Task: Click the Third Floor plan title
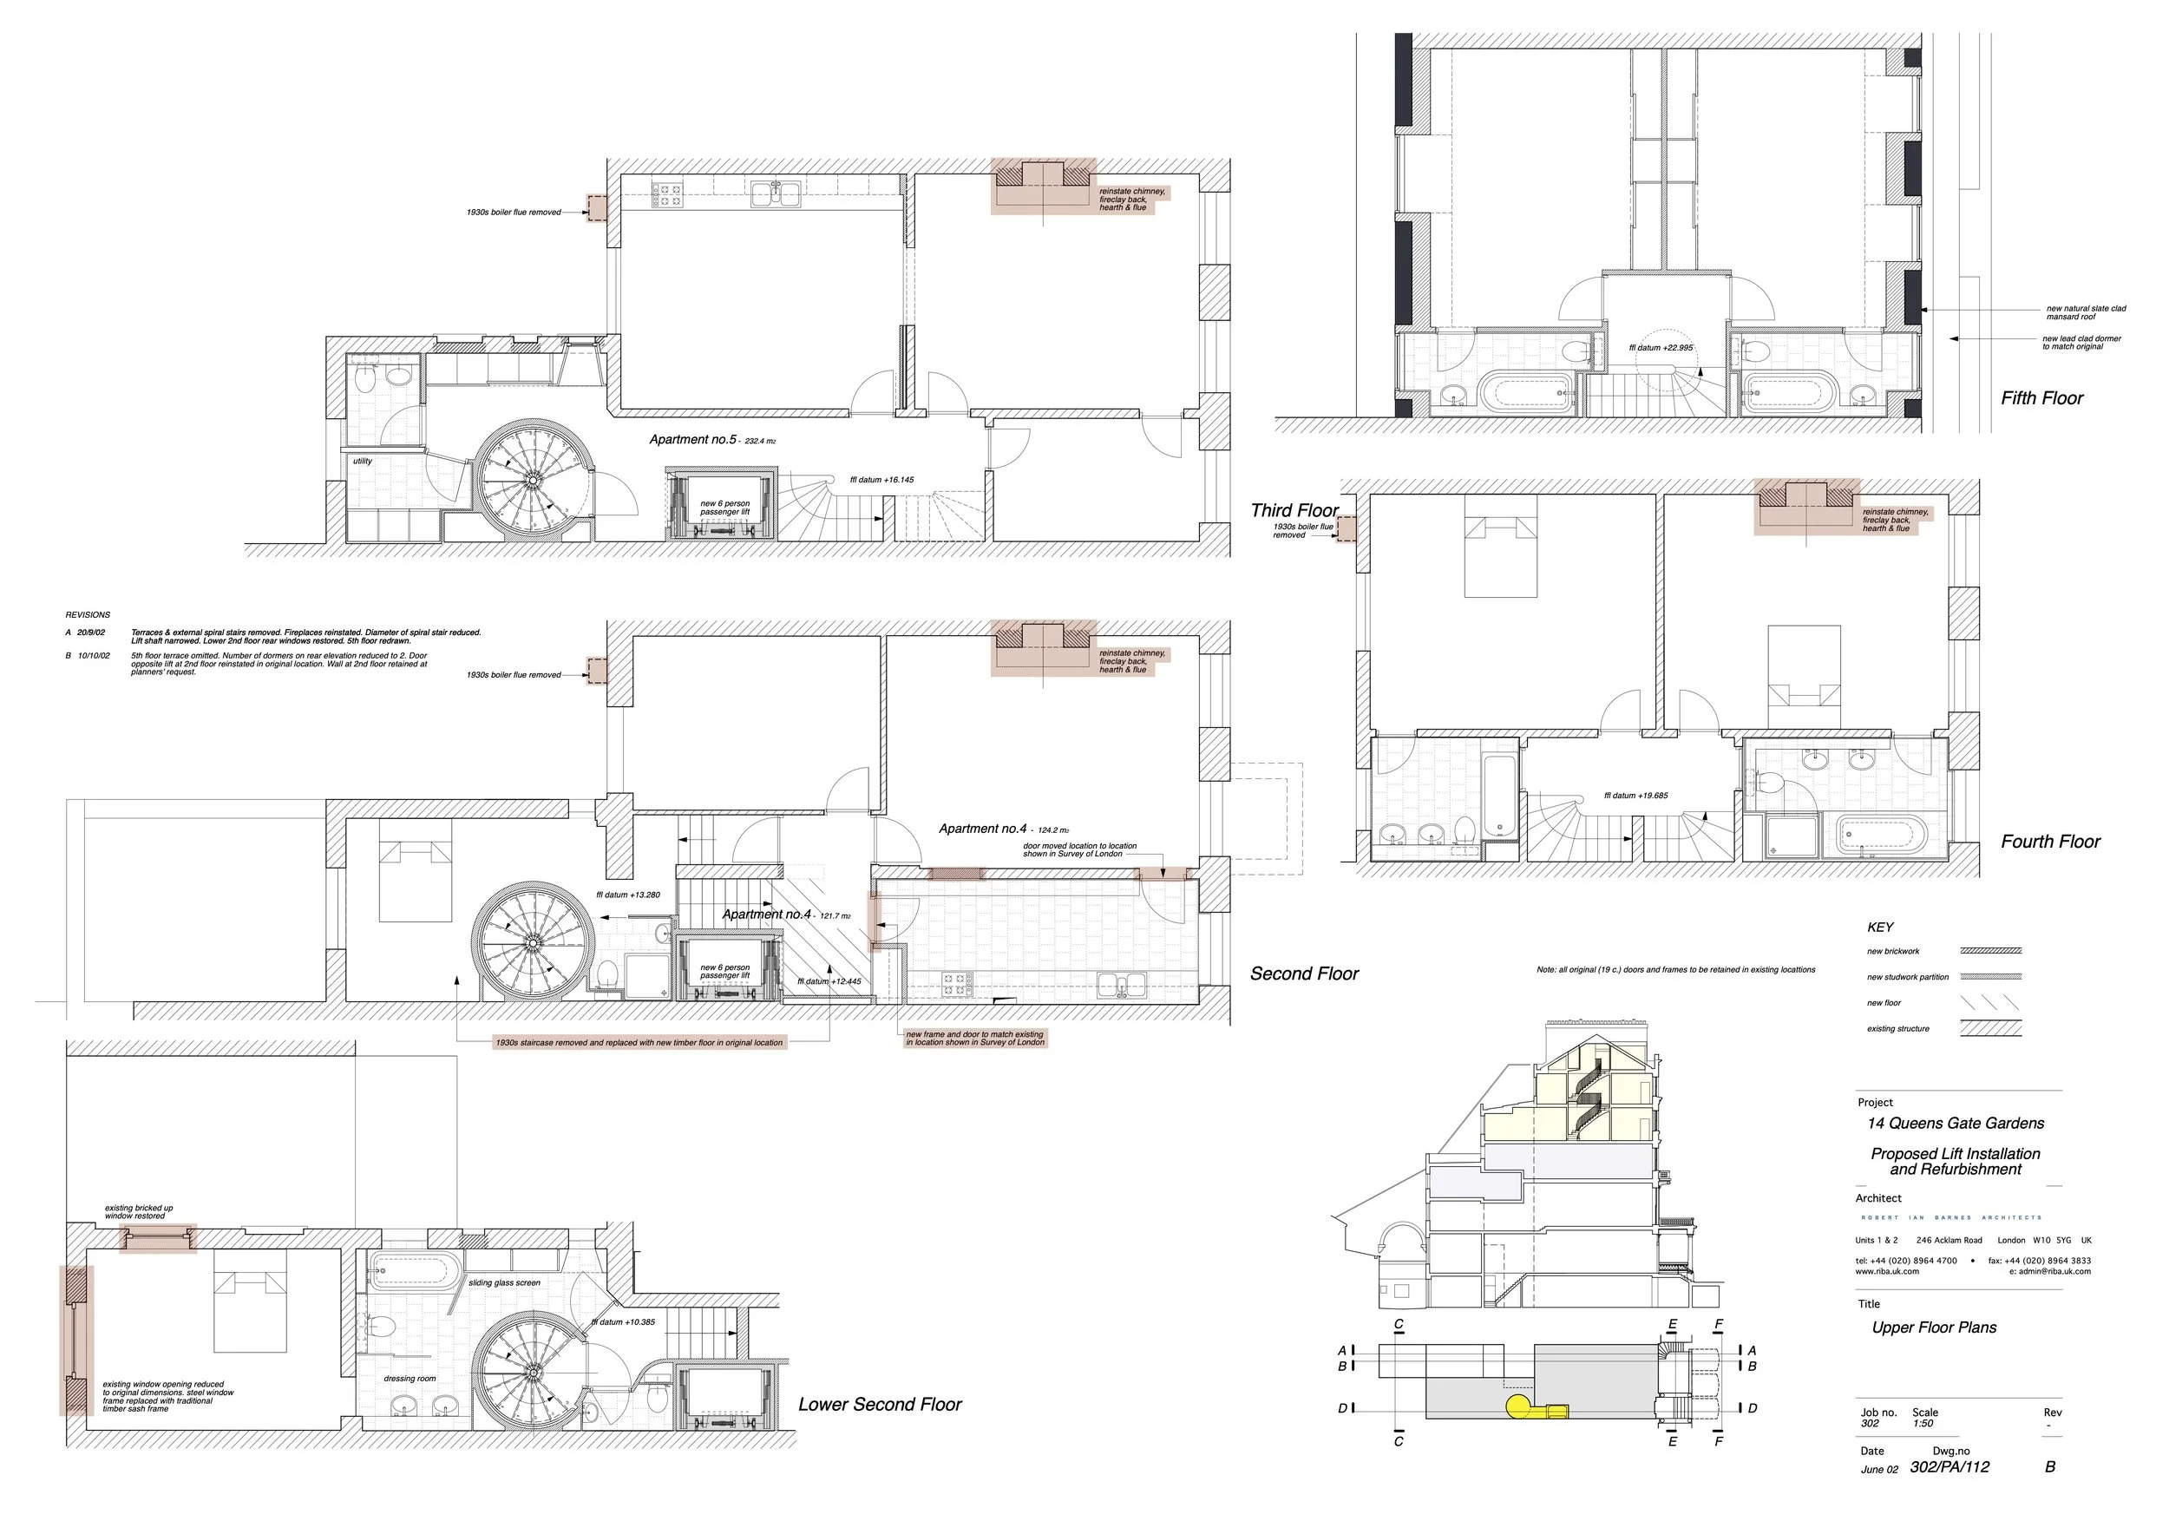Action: pyautogui.click(x=1294, y=510)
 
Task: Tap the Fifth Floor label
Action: pyautogui.click(x=2041, y=397)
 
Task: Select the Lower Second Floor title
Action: pyautogui.click(x=880, y=1405)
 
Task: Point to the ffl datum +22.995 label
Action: pyautogui.click(x=1661, y=348)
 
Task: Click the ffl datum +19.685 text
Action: pyautogui.click(x=1635, y=796)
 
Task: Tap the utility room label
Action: pyautogui.click(x=362, y=461)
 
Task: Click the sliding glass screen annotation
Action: pyautogui.click(x=503, y=1282)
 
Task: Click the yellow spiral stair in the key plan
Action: pyautogui.click(x=1518, y=1406)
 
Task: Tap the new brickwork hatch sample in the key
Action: pyautogui.click(x=1990, y=951)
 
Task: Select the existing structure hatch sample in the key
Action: pyautogui.click(x=1990, y=1029)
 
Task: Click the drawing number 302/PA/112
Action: pyautogui.click(x=1949, y=1467)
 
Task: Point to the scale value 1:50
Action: pyautogui.click(x=1923, y=1424)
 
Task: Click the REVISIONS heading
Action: pyautogui.click(x=88, y=615)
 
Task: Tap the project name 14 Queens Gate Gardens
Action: pyautogui.click(x=1955, y=1123)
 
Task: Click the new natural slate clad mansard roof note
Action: pyautogui.click(x=2085, y=312)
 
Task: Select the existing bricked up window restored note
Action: pyautogui.click(x=138, y=1212)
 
